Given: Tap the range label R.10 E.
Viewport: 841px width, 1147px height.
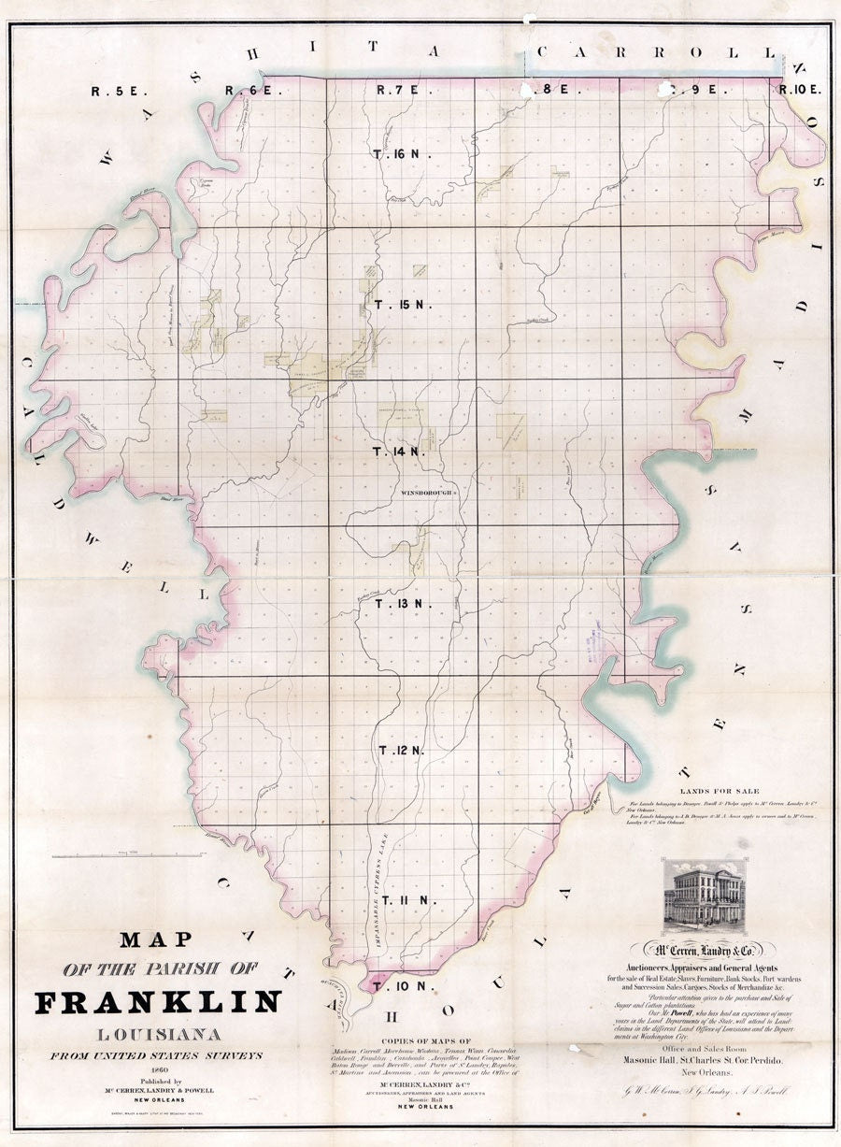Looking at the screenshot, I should coord(800,91).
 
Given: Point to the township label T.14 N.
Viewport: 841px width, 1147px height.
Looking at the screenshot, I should coord(400,452).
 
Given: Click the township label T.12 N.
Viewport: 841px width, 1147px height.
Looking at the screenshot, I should coord(402,751).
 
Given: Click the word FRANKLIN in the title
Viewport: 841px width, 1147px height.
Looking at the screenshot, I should coord(157,1002).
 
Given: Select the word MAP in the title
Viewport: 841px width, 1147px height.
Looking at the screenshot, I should coord(156,939).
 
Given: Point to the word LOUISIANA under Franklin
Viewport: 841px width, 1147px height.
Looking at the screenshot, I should coord(157,1035).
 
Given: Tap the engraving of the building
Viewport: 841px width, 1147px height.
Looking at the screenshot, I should coord(704,896).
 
